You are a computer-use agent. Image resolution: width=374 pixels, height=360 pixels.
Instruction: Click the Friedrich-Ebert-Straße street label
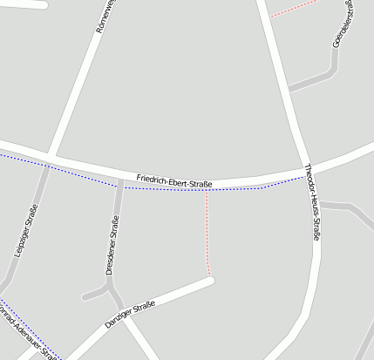pos(174,181)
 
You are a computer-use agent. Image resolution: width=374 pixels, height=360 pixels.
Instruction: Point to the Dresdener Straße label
pos(112,246)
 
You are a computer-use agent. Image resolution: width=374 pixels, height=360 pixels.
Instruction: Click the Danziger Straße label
pos(130,314)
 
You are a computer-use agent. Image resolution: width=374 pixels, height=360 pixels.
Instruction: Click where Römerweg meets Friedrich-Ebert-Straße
pos(54,157)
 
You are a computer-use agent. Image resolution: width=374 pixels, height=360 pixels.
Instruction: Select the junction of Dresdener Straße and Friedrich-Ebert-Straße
pos(120,180)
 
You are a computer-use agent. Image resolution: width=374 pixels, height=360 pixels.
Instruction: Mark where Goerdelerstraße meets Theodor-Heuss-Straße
pos(289,89)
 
